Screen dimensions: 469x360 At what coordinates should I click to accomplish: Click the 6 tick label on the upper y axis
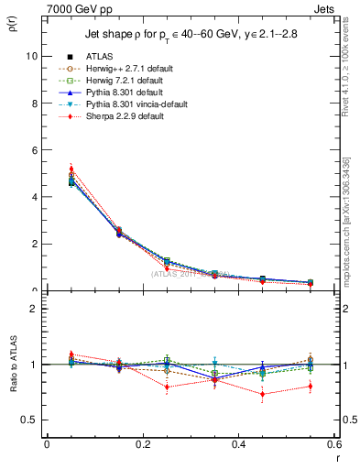point(35,149)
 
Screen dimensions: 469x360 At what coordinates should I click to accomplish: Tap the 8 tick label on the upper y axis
point(35,103)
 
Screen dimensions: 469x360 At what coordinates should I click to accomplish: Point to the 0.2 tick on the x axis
point(143,443)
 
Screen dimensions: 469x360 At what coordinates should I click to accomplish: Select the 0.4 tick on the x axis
point(238,443)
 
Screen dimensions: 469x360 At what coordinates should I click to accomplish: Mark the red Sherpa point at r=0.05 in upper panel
point(71,169)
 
